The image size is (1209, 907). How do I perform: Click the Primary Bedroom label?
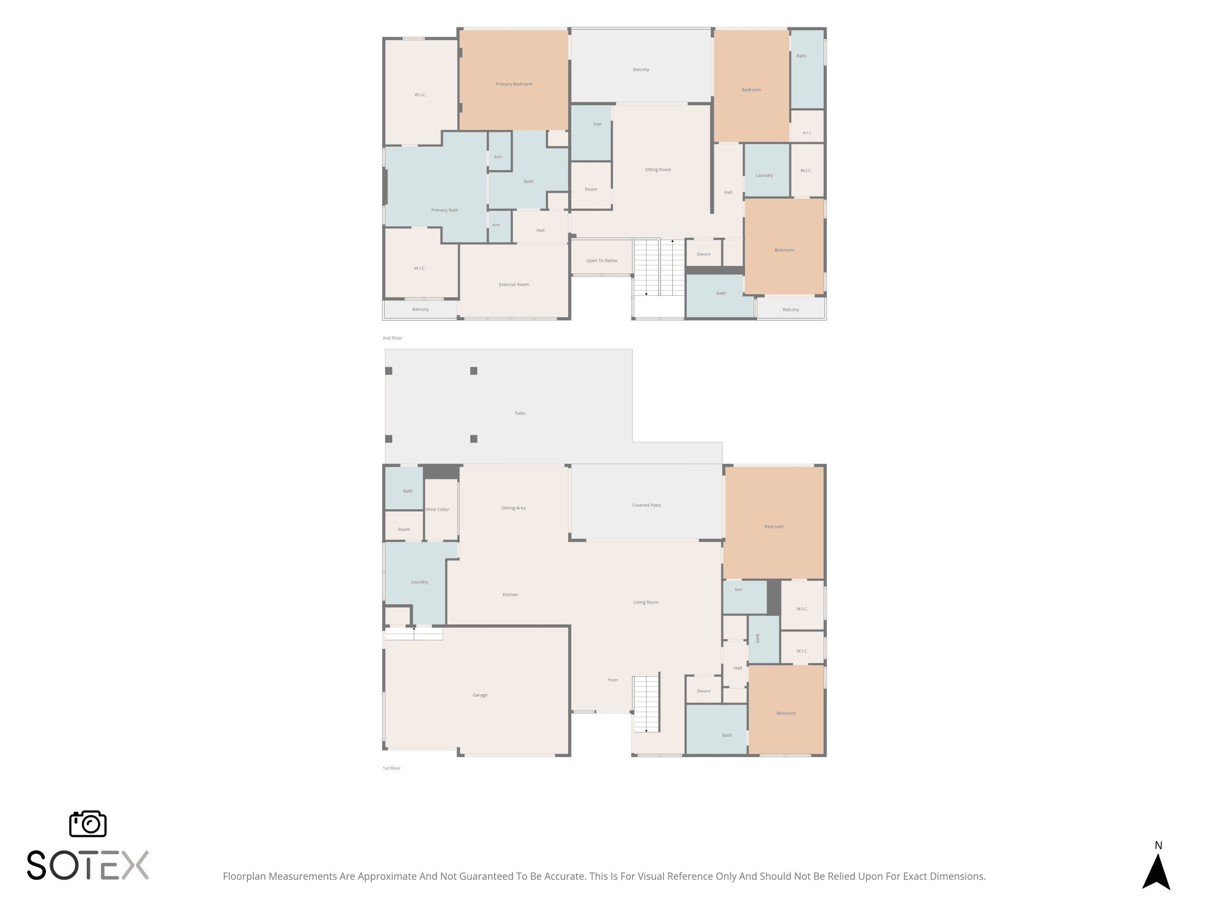click(514, 84)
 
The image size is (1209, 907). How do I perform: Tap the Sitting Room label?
click(658, 169)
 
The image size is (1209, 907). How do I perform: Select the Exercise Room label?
click(514, 284)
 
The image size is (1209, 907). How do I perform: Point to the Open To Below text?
click(601, 261)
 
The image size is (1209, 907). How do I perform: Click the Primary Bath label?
click(445, 210)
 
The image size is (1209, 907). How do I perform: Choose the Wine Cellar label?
click(437, 510)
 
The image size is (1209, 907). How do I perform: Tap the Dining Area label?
click(513, 508)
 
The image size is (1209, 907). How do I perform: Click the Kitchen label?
click(510, 594)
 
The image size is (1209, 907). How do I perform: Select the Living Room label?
click(646, 602)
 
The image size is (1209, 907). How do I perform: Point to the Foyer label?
click(613, 680)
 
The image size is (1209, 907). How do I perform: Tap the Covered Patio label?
click(646, 505)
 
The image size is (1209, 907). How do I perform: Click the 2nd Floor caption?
click(392, 338)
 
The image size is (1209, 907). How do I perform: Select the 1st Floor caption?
click(391, 768)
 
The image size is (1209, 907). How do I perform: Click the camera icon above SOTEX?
click(87, 823)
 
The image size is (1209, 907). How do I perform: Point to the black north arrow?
click(1155, 872)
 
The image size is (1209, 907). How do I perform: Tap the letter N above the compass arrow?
click(1158, 845)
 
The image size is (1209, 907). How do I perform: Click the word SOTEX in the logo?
click(87, 865)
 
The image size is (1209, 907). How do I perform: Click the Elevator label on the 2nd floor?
click(703, 254)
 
